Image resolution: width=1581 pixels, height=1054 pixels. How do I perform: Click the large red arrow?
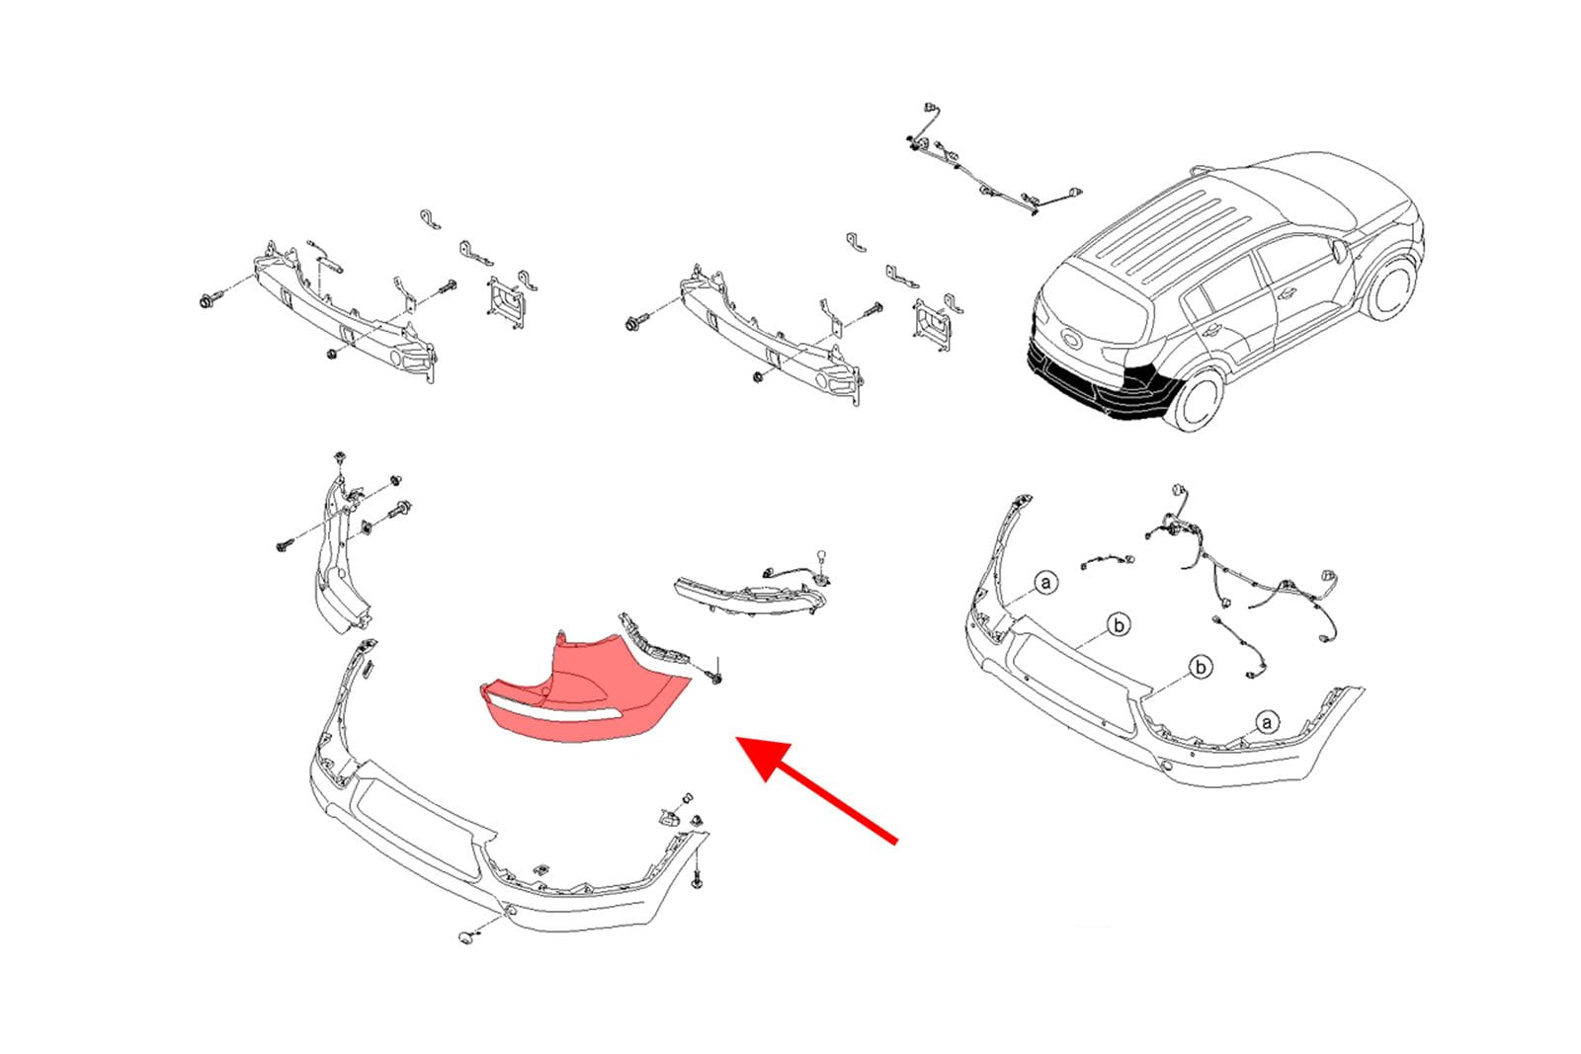pyautogui.click(x=816, y=789)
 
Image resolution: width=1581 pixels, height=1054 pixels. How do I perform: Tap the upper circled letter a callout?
pyautogui.click(x=1045, y=583)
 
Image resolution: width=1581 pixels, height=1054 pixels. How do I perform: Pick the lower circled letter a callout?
pyautogui.click(x=1267, y=723)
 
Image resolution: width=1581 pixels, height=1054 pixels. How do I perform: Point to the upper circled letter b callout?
pyautogui.click(x=1119, y=625)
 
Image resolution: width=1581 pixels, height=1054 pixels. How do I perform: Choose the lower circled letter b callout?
pyautogui.click(x=1201, y=667)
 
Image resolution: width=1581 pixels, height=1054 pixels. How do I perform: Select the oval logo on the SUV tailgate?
pyautogui.click(x=1070, y=340)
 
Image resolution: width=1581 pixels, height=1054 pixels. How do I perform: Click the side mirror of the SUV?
pyautogui.click(x=1339, y=250)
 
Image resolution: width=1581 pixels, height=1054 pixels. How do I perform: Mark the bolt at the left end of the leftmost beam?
pyautogui.click(x=210, y=300)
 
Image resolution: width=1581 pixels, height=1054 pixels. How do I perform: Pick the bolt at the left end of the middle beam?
pyautogui.click(x=636, y=323)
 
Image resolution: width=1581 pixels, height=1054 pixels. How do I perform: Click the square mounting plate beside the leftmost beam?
pyautogui.click(x=505, y=302)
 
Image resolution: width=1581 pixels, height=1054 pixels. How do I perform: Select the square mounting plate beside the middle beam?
pyautogui.click(x=933, y=325)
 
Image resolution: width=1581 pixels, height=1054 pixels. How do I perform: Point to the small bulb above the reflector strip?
pyautogui.click(x=820, y=556)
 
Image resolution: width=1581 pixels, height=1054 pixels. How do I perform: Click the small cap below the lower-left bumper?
pyautogui.click(x=465, y=937)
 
